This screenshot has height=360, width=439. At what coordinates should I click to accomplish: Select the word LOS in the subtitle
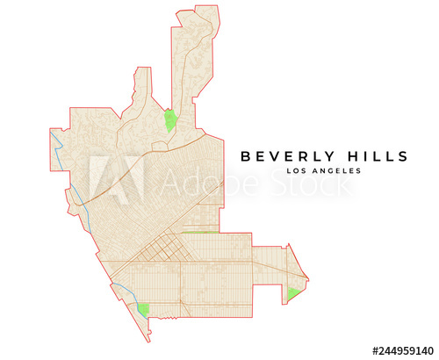pos(298,171)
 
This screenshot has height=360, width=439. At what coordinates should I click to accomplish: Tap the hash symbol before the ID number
pos(374,349)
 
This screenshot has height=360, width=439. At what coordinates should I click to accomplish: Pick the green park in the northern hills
pos(170,120)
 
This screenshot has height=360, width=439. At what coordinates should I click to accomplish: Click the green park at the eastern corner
pos(291,293)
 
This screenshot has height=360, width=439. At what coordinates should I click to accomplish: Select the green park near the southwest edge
pos(142,309)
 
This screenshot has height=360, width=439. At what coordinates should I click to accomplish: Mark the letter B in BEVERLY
pos(247,156)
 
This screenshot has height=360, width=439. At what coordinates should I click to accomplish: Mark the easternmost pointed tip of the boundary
pos(309,279)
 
